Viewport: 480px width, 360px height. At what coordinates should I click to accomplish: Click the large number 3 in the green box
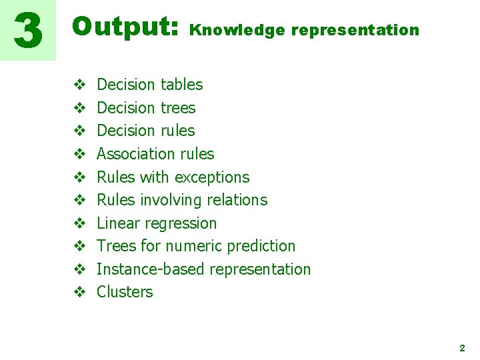(x=27, y=31)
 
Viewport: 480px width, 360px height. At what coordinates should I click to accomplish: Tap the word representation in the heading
(x=355, y=31)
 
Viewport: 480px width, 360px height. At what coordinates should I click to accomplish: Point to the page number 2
(x=461, y=348)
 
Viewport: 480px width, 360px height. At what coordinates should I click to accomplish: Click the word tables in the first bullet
(x=181, y=85)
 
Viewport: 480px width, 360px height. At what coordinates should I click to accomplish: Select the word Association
(x=135, y=154)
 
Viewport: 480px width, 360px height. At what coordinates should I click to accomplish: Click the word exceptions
(x=215, y=177)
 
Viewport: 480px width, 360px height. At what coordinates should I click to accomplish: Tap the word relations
(x=235, y=200)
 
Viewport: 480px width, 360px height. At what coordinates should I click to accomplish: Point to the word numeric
(x=195, y=246)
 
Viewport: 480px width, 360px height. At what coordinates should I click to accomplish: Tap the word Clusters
(x=125, y=292)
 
